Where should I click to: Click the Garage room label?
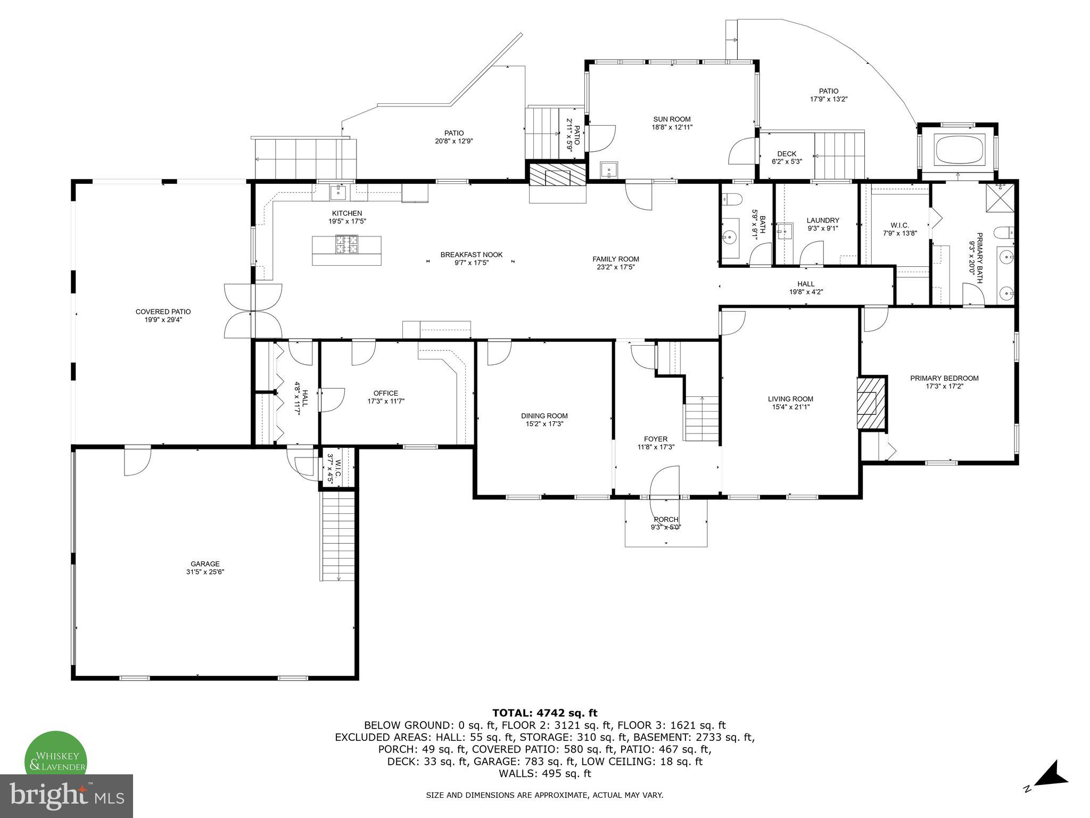tap(205, 564)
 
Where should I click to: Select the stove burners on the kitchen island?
tap(346, 244)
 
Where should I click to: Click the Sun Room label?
tap(672, 119)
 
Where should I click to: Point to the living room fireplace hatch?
tap(871, 403)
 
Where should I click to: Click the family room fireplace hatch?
tap(557, 175)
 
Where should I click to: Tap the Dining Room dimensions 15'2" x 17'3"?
tap(544, 424)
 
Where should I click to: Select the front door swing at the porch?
tap(666, 482)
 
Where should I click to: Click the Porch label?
tap(666, 519)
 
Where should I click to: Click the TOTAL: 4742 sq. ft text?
tap(544, 713)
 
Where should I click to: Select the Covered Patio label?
tap(163, 312)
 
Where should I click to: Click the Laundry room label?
tap(822, 220)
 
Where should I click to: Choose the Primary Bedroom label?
tap(944, 378)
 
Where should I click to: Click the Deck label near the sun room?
tap(787, 154)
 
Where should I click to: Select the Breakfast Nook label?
tap(471, 255)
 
